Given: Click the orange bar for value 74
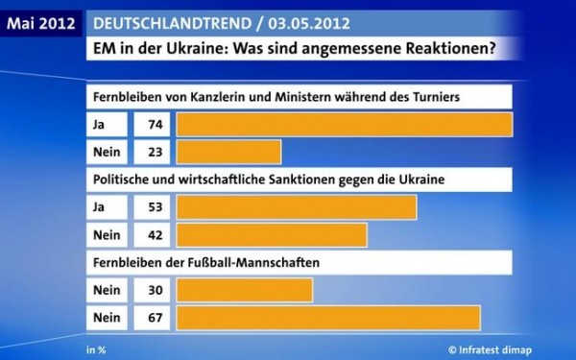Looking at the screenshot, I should click(x=345, y=125).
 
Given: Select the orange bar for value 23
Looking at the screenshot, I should click(x=228, y=152).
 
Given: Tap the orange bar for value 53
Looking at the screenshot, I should click(x=297, y=207).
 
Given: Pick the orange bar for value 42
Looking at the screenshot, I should click(x=272, y=234).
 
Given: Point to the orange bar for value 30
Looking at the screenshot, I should click(x=245, y=289).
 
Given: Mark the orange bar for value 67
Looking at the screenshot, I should click(x=327, y=316).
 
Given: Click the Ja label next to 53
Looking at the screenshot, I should click(x=100, y=207).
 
